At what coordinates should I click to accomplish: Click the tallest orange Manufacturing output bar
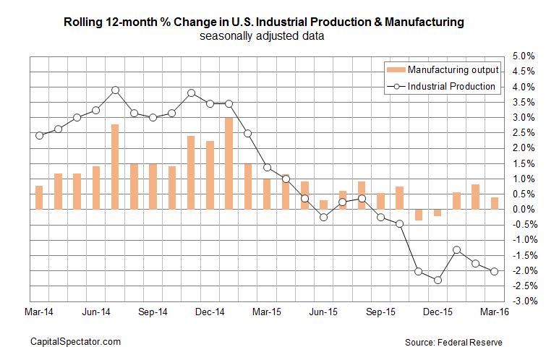coord(229,163)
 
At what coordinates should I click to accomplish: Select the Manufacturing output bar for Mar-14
coord(39,197)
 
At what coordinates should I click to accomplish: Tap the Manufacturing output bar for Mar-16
coord(495,203)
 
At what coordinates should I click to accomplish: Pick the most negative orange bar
coord(419,215)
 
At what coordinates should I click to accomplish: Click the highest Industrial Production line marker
coord(115,90)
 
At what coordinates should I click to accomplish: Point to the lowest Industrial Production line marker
coord(438,280)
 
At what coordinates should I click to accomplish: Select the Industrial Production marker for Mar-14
coord(39,135)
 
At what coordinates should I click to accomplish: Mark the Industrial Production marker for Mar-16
coord(495,271)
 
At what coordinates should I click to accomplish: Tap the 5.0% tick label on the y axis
coord(524,56)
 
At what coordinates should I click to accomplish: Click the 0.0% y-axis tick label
coord(524,210)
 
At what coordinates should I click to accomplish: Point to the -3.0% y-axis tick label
coord(524,301)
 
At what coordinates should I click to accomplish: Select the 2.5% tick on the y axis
coord(524,133)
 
